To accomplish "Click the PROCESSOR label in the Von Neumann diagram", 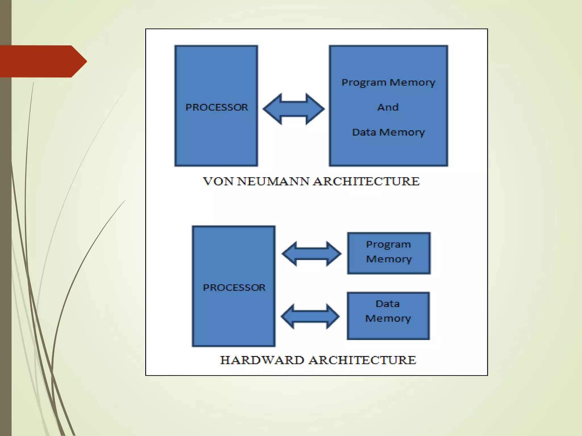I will (217, 107).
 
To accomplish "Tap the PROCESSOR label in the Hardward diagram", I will (234, 288).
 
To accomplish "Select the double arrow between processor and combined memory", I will (294, 109).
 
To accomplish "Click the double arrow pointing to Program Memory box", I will (311, 254).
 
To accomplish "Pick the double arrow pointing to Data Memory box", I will (310, 316).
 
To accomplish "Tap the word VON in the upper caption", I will (218, 181).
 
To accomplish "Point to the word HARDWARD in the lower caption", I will (262, 360).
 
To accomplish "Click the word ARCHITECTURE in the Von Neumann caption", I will (366, 181).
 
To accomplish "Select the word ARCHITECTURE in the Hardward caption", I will (363, 360).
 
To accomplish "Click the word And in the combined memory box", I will (388, 107).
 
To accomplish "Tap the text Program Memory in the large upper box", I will (388, 83).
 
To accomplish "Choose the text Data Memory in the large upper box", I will (388, 132).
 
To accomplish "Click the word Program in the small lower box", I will (388, 245).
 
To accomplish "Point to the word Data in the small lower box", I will (388, 304).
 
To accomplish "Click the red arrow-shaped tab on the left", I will (43, 61).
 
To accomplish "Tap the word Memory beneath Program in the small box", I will (388, 259).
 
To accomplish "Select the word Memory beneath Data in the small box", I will (388, 318).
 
